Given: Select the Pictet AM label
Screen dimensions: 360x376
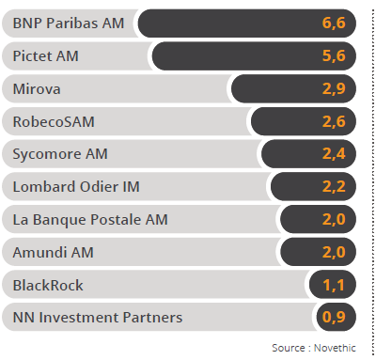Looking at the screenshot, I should [x=45, y=55].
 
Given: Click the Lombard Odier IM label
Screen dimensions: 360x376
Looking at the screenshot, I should [x=70, y=186].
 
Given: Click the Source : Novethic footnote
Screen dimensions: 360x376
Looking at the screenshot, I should [x=318, y=348].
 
